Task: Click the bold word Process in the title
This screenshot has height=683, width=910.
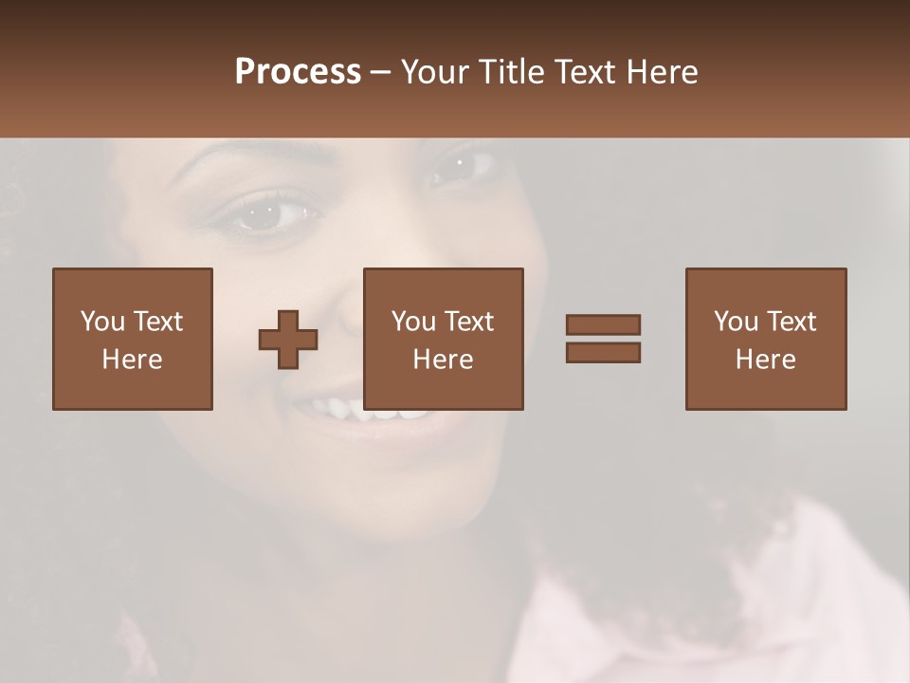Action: (298, 72)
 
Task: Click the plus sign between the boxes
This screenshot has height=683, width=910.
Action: (288, 340)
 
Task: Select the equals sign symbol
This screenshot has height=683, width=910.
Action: (603, 339)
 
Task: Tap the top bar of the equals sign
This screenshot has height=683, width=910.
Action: (603, 324)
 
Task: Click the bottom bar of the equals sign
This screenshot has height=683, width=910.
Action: (603, 353)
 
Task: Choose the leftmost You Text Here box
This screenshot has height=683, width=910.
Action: (133, 339)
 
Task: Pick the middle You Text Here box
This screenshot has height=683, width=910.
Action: (444, 339)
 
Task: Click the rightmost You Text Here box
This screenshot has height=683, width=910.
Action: (766, 339)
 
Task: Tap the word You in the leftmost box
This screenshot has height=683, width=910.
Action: (101, 322)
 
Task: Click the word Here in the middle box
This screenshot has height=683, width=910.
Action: (444, 360)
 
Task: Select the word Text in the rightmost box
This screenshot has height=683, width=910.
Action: (792, 322)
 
